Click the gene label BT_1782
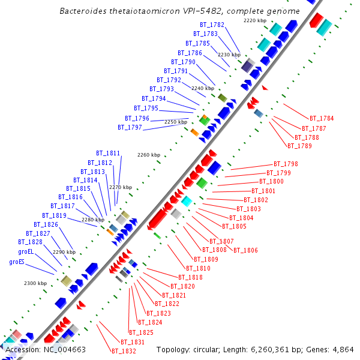[x=212, y=25]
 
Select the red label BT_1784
[x=322, y=118]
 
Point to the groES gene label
[x=17, y=262]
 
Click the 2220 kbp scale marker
[x=254, y=20]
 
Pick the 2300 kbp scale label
[x=35, y=283]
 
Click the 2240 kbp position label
[x=202, y=88]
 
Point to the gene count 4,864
[x=342, y=349]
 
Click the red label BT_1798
[x=286, y=164]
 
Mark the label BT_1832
[x=124, y=351]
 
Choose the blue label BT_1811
[x=108, y=153]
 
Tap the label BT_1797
[x=130, y=127]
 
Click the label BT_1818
[x=191, y=277]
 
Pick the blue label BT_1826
[x=46, y=224]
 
